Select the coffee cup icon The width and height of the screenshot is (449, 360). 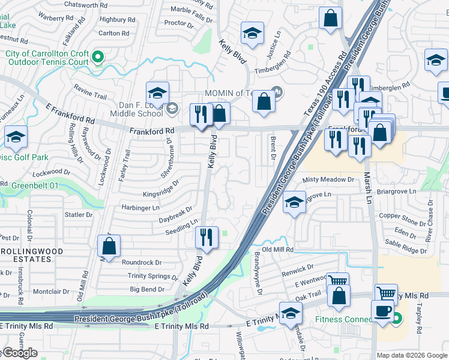[x=382, y=311]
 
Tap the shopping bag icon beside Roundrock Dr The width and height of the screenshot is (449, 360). [x=109, y=245]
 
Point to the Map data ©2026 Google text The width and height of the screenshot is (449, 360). [x=412, y=355]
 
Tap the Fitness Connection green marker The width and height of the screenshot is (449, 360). [x=396, y=319]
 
